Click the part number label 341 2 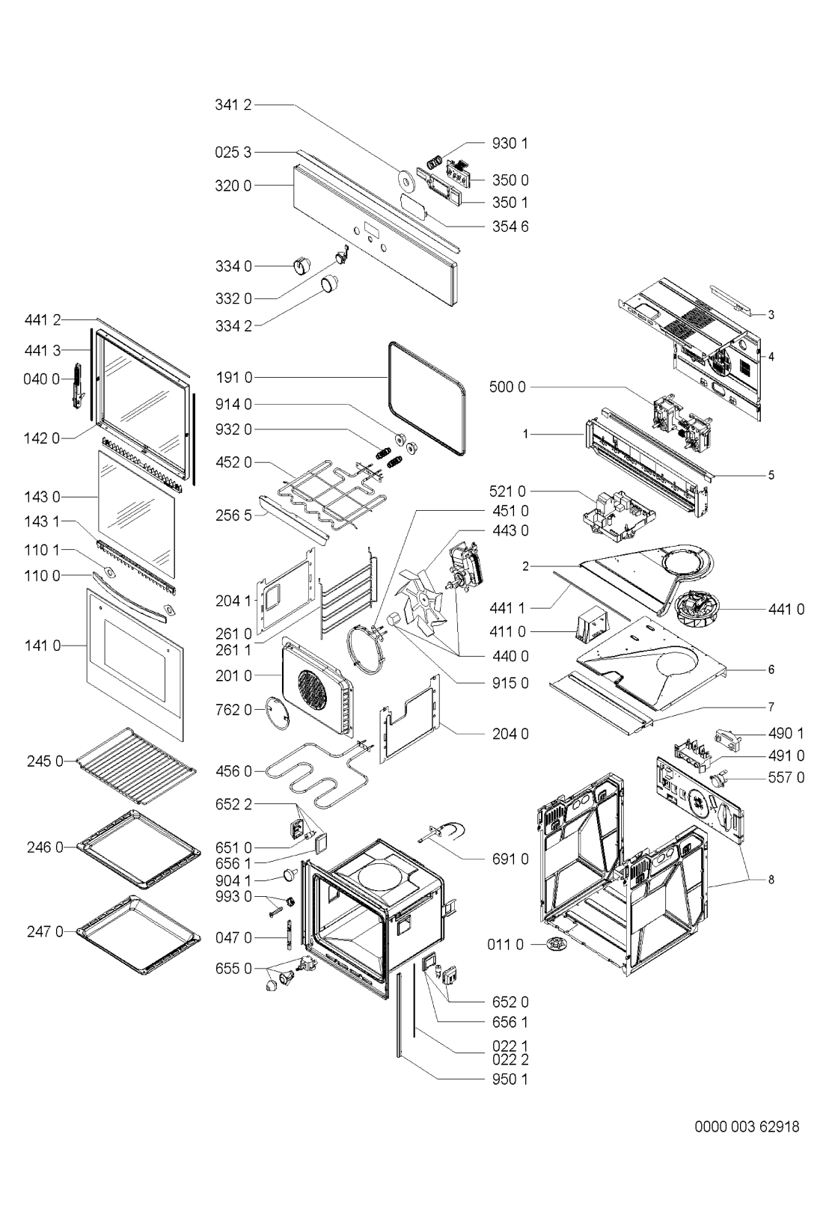(x=233, y=105)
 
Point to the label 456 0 (x=233, y=770)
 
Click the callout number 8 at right (x=771, y=880)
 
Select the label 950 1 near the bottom (x=510, y=1079)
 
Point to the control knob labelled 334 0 (x=302, y=265)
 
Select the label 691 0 (x=510, y=859)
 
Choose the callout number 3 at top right (x=771, y=315)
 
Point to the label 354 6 (x=510, y=226)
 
